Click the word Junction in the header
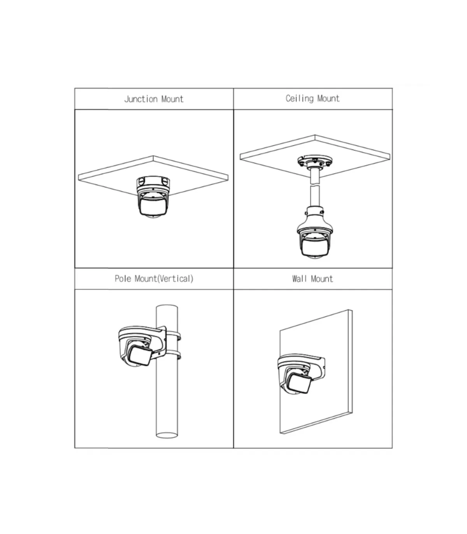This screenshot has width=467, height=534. [x=140, y=99]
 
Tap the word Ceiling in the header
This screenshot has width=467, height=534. [x=300, y=98]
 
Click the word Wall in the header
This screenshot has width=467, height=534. [x=299, y=279]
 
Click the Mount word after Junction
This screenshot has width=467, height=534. [x=172, y=99]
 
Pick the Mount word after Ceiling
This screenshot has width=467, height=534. [x=328, y=98]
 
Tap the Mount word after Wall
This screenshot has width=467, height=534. [x=322, y=279]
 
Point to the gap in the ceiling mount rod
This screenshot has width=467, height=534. [x=314, y=185]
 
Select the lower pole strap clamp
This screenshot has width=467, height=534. [x=173, y=355]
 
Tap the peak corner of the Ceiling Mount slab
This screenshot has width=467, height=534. [x=315, y=135]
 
